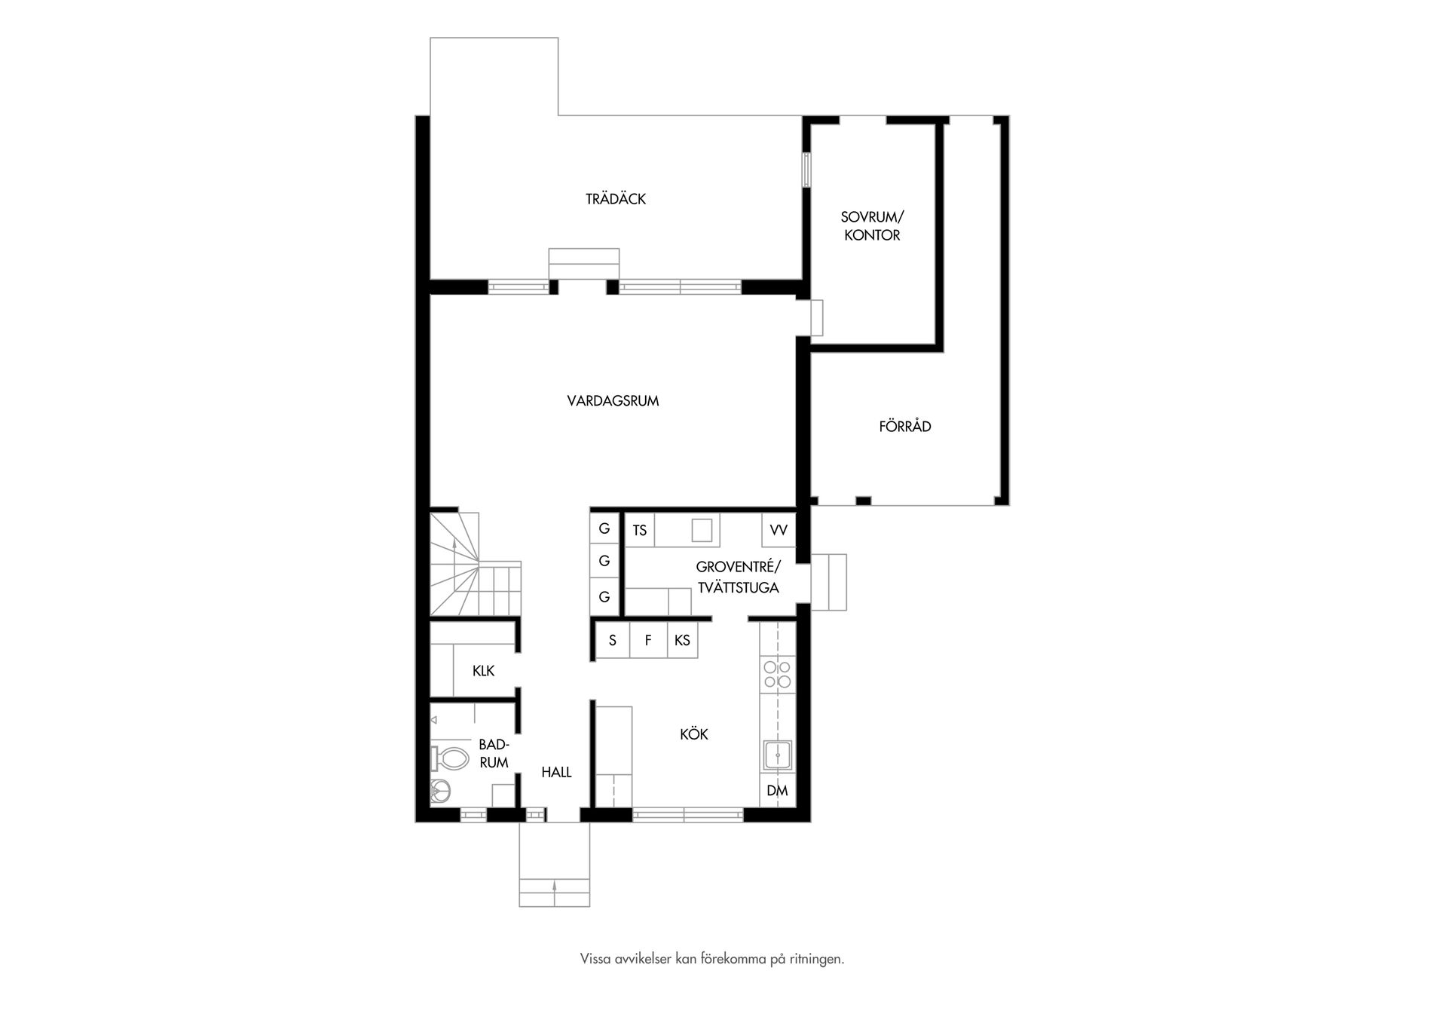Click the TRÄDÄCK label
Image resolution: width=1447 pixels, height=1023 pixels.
[616, 199]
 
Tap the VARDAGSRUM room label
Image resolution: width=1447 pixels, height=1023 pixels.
[613, 401]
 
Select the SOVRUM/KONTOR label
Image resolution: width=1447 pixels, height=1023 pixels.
[872, 226]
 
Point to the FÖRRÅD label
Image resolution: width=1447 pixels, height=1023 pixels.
[904, 427]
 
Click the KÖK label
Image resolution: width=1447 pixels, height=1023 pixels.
[693, 734]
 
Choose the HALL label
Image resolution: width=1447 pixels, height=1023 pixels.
[556, 772]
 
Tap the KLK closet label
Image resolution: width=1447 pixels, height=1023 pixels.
[483, 670]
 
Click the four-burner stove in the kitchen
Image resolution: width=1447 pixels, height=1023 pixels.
[777, 674]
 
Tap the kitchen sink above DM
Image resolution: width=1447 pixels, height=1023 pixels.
[777, 755]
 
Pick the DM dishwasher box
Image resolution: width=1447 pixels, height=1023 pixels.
[777, 791]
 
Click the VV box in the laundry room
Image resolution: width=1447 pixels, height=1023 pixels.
[779, 530]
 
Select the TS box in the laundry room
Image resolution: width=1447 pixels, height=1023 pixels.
[639, 530]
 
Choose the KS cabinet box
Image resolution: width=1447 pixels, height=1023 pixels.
[682, 641]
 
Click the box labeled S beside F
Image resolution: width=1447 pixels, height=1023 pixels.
[612, 641]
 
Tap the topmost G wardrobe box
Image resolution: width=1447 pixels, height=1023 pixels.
[604, 528]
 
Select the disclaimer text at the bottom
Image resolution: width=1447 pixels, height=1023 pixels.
[711, 960]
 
